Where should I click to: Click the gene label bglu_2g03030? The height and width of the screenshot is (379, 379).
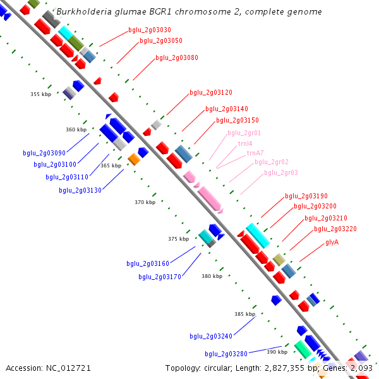point(149,30)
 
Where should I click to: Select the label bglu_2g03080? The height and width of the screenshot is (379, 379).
point(177,58)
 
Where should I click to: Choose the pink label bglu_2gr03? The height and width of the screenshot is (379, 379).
point(281,173)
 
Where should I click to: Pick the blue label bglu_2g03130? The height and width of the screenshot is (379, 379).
point(80,190)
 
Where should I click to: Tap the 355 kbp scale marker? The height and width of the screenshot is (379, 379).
point(40,94)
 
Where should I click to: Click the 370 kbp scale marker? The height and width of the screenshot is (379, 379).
point(145,202)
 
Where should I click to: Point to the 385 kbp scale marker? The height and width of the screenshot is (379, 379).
point(244,314)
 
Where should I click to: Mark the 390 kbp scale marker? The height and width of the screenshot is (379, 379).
point(277,352)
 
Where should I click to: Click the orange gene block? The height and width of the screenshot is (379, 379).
point(133,159)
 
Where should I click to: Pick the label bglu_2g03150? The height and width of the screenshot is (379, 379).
point(237,121)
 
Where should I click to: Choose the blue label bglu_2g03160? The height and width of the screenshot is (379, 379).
point(148,264)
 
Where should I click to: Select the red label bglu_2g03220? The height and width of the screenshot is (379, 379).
point(335,229)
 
